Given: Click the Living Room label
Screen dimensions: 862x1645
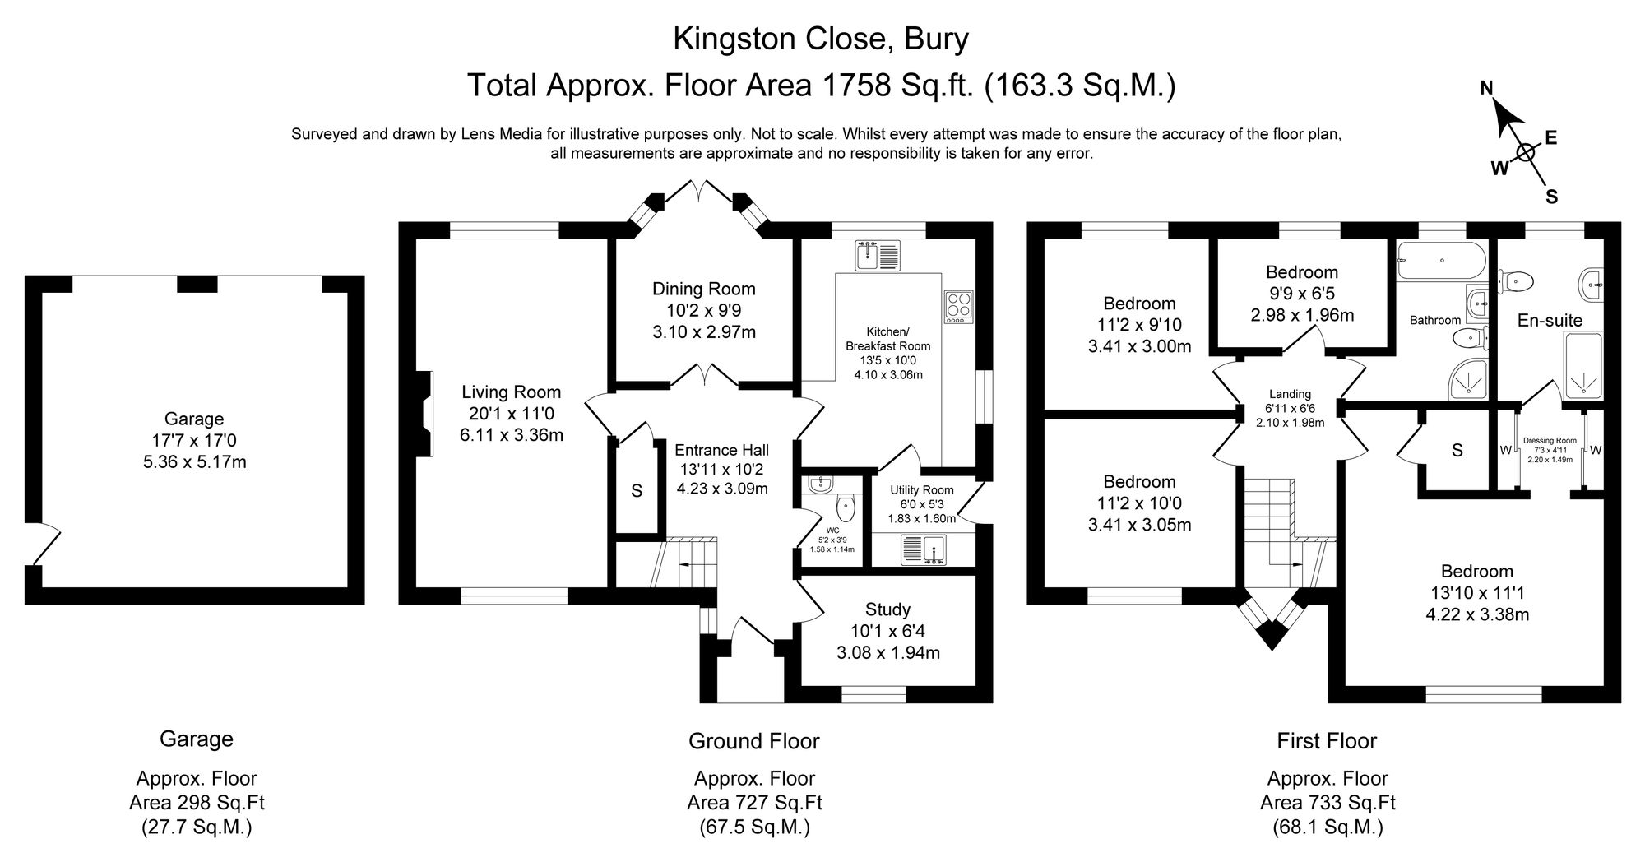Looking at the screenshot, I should pyautogui.click(x=511, y=392).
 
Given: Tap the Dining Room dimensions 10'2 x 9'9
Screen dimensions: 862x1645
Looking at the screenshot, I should pyautogui.click(x=703, y=311).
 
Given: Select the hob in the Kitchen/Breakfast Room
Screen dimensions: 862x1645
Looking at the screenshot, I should pyautogui.click(x=958, y=306).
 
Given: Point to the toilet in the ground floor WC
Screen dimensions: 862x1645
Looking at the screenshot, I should pyautogui.click(x=844, y=507).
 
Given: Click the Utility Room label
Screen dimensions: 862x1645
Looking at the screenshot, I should pyautogui.click(x=921, y=490).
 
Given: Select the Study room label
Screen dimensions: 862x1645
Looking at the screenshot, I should pyautogui.click(x=887, y=609).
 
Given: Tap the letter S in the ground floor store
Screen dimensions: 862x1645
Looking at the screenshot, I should pyautogui.click(x=636, y=491).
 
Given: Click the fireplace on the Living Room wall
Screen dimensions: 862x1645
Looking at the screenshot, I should pyautogui.click(x=424, y=414).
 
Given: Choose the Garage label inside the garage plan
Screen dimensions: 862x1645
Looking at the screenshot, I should pyautogui.click(x=194, y=419).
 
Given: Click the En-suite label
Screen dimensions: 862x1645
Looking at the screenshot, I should pyautogui.click(x=1550, y=321).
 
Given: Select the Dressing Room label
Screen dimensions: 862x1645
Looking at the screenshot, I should pyautogui.click(x=1550, y=441).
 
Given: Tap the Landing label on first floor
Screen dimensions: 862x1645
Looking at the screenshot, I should pyautogui.click(x=1290, y=394).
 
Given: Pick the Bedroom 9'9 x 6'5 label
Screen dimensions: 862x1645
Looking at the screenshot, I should pyautogui.click(x=1302, y=272).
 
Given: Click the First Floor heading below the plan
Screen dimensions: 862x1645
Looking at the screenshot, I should pyautogui.click(x=1327, y=741).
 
